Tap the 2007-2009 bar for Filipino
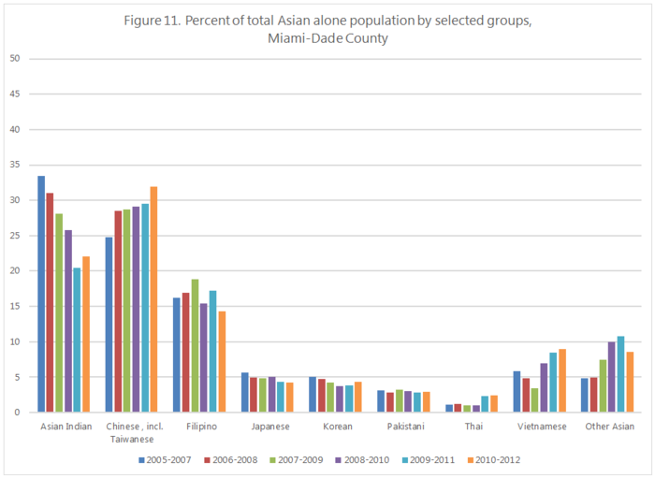point(195,345)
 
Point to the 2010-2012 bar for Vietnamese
point(562,380)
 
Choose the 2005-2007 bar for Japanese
point(245,392)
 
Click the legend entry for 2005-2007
point(165,460)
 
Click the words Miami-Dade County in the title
point(327,38)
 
